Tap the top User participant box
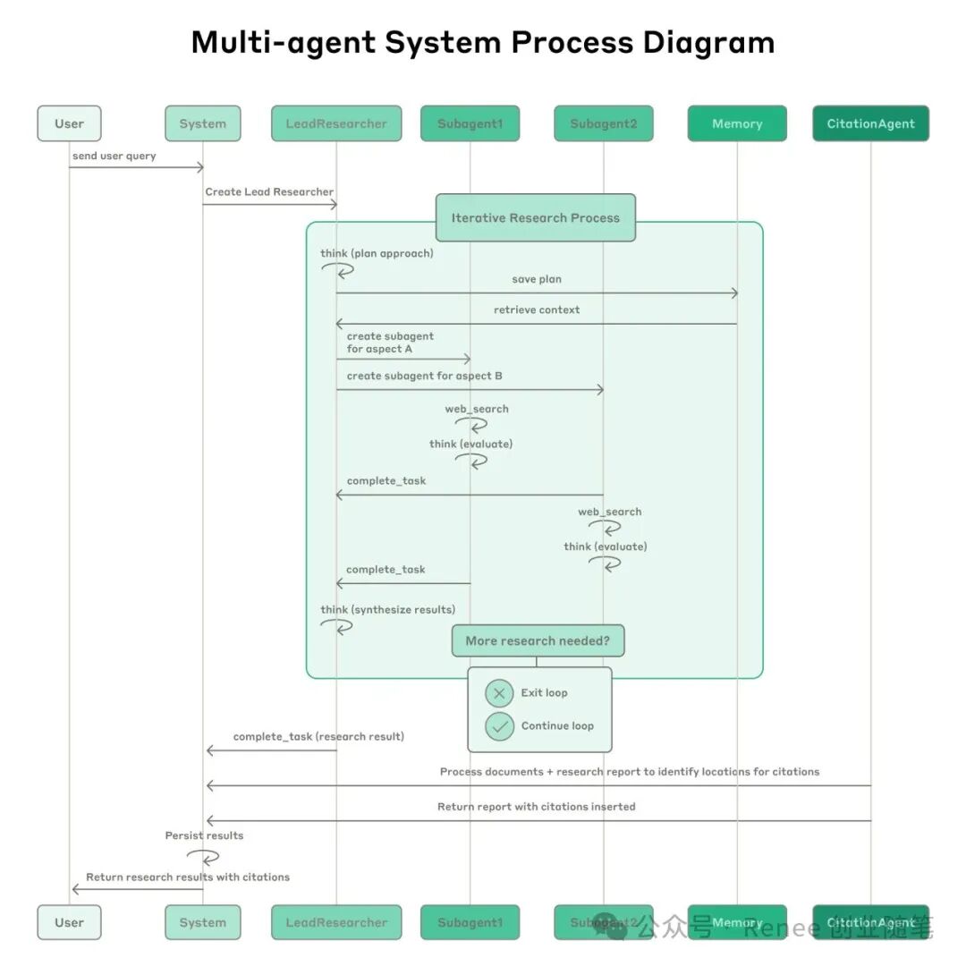[x=69, y=123]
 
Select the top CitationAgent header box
[x=870, y=123]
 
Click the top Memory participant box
[x=737, y=123]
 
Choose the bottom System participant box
[x=202, y=922]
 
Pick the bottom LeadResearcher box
[x=336, y=922]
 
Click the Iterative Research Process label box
[x=535, y=217]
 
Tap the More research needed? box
[x=537, y=640]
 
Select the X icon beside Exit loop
[x=499, y=693]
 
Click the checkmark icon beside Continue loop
[x=499, y=726]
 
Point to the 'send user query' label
[x=114, y=156]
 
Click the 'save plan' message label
[x=537, y=279]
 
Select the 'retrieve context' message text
[x=537, y=309]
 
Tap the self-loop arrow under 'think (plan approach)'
[x=338, y=270]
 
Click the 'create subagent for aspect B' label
[x=424, y=376]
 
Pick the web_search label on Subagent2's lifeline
[x=609, y=512]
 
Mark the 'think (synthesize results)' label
[x=388, y=609]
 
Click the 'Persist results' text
[x=204, y=835]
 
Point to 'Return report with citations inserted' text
[x=537, y=807]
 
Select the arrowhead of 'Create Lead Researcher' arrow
[x=334, y=205]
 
